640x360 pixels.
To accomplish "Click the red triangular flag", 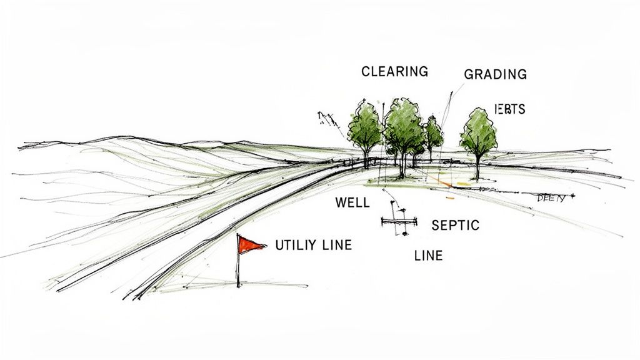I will point(251,244).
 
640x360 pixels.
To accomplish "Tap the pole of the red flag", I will point(238,266).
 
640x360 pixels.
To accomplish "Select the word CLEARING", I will point(394,71).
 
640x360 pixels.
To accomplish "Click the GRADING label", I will point(495,74).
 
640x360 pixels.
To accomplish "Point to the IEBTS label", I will point(509,109).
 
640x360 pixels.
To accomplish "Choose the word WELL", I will point(352,202).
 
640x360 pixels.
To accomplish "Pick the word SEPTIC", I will point(455,225).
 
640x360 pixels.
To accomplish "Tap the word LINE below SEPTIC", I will point(428,255).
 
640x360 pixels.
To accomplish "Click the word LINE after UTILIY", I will point(336,245).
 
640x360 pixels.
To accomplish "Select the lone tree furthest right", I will point(478,134).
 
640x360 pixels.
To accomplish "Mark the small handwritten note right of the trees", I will point(551,198).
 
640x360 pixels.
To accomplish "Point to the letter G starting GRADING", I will point(469,74).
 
